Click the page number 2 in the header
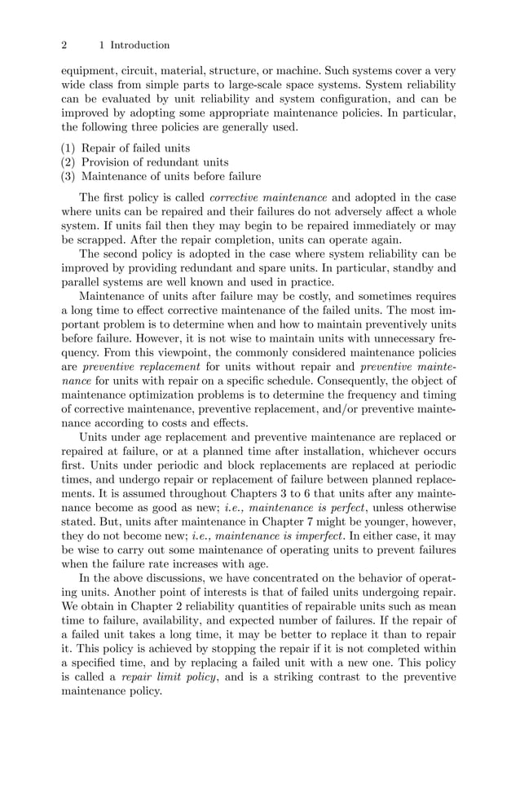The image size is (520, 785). tap(64, 45)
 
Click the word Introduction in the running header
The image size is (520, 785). tap(139, 45)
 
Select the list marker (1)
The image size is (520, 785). tap(69, 148)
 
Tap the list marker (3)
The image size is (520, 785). tap(69, 176)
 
